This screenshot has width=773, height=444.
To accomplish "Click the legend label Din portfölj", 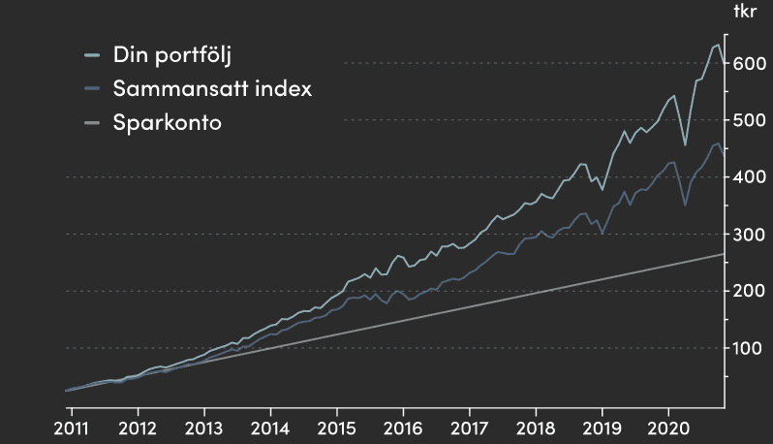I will coord(172,54).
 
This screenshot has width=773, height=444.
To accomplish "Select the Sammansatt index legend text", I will coord(212,89).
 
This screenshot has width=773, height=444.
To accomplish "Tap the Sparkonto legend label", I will coord(168,123).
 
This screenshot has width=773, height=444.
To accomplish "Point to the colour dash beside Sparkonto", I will coord(93,124).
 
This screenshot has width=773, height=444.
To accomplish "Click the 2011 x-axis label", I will coord(72,427).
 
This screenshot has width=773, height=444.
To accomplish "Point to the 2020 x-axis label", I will coord(667,427).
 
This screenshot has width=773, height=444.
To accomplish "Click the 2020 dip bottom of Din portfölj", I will coord(685,145).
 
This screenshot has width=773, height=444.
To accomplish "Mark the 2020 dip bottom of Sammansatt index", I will coord(685,206).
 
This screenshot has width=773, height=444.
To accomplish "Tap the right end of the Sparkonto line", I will coord(723,254).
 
